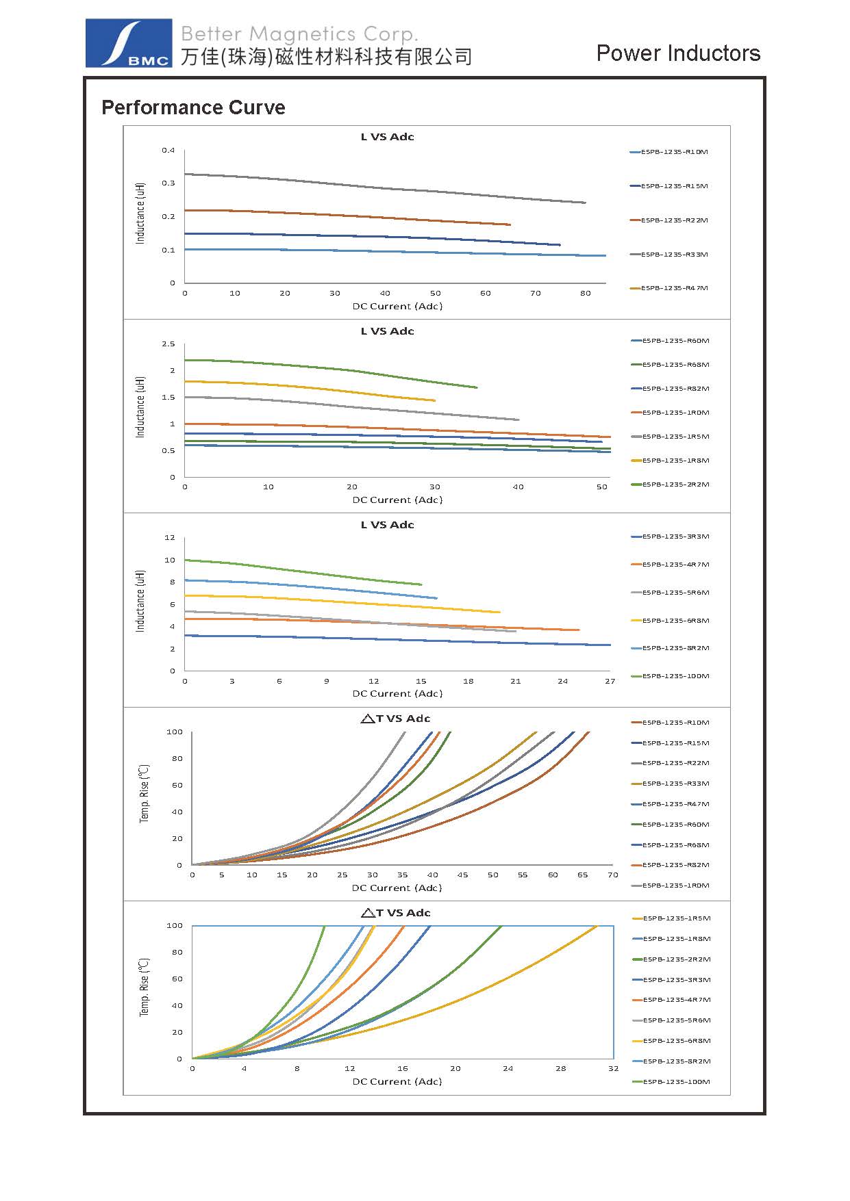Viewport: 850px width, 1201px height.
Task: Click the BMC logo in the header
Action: tap(129, 43)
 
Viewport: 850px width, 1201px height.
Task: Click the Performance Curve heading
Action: tap(193, 107)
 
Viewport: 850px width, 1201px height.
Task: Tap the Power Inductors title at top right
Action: tap(678, 53)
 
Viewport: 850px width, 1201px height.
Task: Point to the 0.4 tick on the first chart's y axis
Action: tap(168, 151)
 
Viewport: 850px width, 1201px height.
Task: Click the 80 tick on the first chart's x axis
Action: tap(585, 294)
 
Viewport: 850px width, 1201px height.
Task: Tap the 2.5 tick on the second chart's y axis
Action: tap(168, 344)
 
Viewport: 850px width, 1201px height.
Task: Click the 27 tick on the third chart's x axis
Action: tap(610, 682)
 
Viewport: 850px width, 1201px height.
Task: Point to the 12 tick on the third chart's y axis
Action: tap(170, 538)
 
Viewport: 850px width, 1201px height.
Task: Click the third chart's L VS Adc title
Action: tap(387, 525)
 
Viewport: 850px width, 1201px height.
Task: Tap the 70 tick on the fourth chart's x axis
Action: tap(612, 875)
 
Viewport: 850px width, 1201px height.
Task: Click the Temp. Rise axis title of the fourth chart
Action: tap(145, 794)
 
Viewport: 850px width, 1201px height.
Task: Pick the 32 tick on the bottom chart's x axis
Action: tap(612, 1069)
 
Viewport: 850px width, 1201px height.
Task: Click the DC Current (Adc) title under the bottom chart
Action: tap(397, 1082)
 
